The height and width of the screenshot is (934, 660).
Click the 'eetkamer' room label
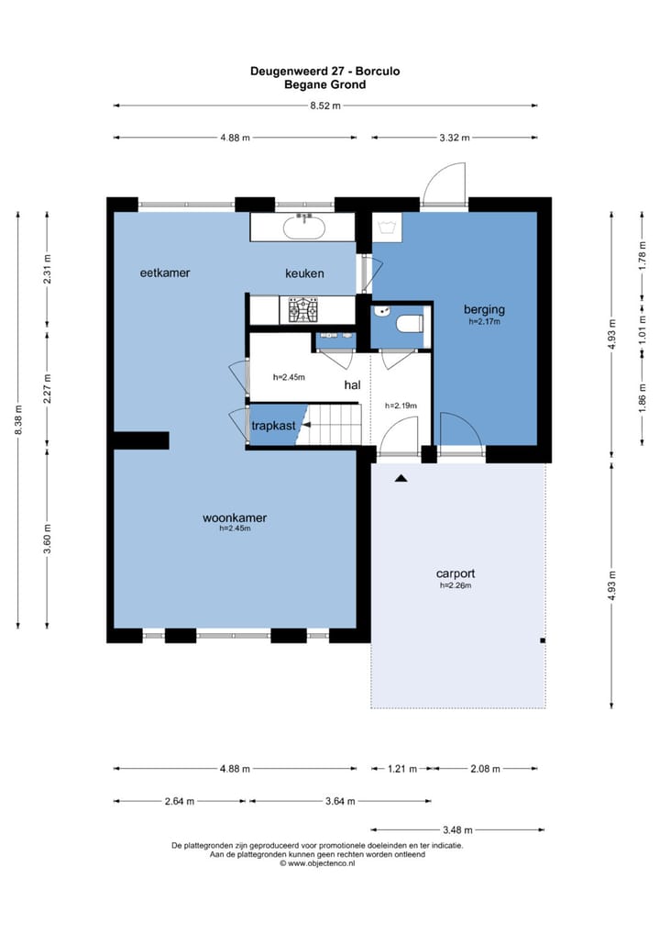[x=165, y=272]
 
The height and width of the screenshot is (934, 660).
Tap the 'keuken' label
[x=304, y=273]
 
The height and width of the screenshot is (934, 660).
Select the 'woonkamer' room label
[x=235, y=517]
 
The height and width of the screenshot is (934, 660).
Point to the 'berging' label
[x=484, y=309]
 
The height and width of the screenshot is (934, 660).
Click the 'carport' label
[x=456, y=573]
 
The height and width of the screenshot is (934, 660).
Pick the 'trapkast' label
[x=273, y=426]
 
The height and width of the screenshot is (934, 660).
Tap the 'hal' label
[x=352, y=384]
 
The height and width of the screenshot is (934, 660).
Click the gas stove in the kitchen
[x=302, y=310]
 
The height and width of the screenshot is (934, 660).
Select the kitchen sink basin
[x=304, y=227]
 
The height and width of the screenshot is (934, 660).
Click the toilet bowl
[x=410, y=324]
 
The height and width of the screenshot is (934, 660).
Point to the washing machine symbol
[x=388, y=228]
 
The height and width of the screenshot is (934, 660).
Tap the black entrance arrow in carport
[x=401, y=478]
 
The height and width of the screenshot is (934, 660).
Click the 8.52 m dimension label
[x=325, y=106]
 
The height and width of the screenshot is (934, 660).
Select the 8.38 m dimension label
[x=18, y=419]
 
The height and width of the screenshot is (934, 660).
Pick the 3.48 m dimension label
[x=457, y=829]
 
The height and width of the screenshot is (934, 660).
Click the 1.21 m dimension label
[x=402, y=769]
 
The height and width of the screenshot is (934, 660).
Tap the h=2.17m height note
[x=484, y=322]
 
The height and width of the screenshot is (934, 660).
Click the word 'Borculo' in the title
[x=378, y=72]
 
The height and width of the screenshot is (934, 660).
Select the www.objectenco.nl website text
[x=322, y=863]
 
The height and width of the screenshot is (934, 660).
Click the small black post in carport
[x=543, y=641]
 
